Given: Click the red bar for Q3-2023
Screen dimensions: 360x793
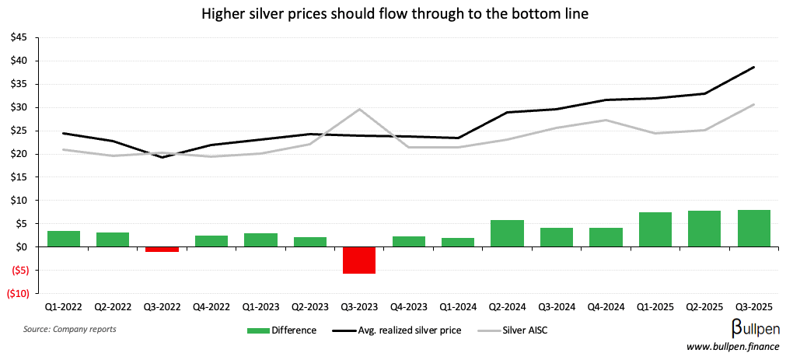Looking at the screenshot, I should (359, 260).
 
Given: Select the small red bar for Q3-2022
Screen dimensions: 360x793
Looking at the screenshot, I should (162, 250).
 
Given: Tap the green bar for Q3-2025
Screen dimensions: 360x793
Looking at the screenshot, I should (754, 229).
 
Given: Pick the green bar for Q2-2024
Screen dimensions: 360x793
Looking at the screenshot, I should (507, 233).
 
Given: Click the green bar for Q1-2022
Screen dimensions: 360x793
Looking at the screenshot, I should (63, 239).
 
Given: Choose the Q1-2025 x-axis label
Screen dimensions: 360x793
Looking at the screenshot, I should (655, 308).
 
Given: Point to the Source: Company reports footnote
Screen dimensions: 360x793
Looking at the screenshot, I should (70, 330).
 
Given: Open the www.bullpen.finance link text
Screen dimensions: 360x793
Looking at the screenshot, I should (734, 347).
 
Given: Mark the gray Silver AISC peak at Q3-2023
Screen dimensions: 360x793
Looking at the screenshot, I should (359, 109).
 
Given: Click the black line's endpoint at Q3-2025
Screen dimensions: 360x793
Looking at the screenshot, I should (754, 67).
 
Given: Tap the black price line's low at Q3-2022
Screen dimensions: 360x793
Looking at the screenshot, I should (162, 157).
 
